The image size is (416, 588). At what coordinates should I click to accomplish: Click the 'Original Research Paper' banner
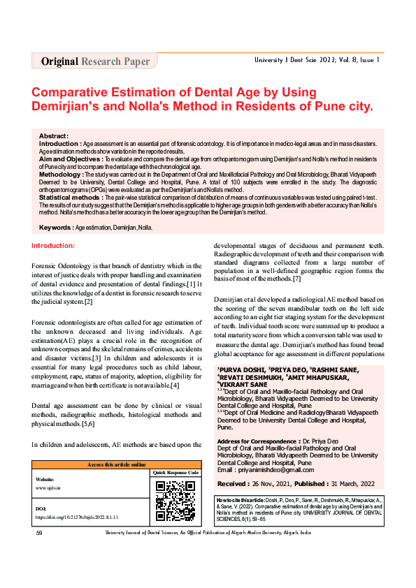pos(95,61)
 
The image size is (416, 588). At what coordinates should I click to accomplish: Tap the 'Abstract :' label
pos(54,135)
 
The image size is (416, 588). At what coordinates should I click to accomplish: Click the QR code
pos(174,501)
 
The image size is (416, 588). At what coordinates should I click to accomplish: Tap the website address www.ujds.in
pos(48,487)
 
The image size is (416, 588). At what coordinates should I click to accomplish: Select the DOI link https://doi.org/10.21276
pos(77,517)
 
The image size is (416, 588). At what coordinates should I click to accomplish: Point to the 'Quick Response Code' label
pos(175,473)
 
